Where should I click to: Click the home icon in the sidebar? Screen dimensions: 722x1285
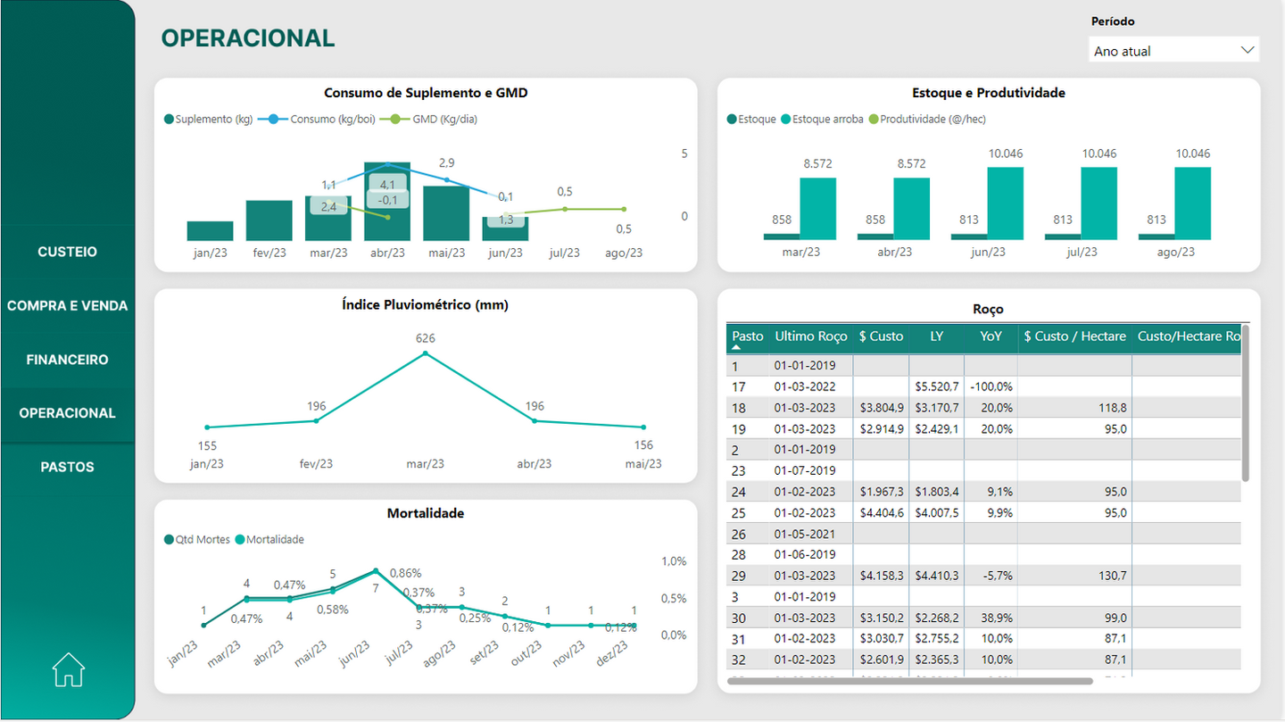click(x=68, y=669)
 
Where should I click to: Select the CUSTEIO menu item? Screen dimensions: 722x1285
click(x=68, y=252)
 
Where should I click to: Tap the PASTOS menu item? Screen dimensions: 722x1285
click(x=68, y=467)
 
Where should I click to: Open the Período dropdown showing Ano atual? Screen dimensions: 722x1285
click(x=1173, y=51)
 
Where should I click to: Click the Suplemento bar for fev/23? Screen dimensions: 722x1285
click(x=269, y=220)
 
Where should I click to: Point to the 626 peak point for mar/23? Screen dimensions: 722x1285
click(x=425, y=353)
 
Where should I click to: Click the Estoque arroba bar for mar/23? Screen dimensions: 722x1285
click(x=817, y=209)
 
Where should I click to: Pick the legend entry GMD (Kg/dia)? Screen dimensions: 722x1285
click(x=444, y=119)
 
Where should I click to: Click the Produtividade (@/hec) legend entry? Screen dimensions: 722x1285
click(x=933, y=119)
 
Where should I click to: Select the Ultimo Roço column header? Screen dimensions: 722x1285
click(x=810, y=336)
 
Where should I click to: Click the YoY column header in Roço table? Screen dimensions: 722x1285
click(x=990, y=336)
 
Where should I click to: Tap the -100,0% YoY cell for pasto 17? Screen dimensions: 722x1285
click(x=991, y=386)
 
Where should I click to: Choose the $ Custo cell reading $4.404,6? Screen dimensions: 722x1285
click(x=881, y=512)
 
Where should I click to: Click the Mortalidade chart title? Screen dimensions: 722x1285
click(x=425, y=513)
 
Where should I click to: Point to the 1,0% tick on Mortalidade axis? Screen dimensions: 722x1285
click(x=674, y=561)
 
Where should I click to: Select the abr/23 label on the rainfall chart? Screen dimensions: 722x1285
click(x=534, y=463)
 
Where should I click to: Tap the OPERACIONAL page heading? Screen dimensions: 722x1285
click(x=247, y=38)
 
